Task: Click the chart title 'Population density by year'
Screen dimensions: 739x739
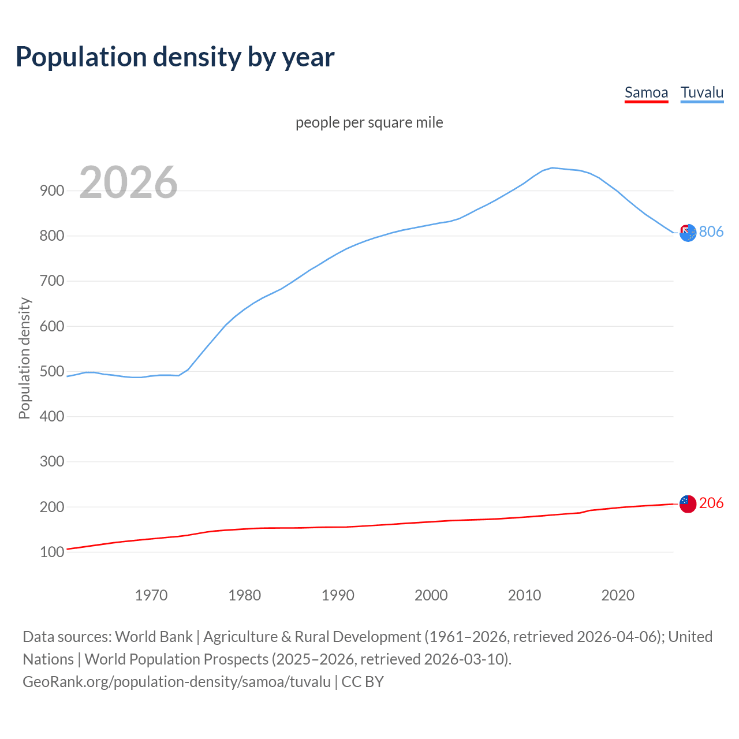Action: pos(175,57)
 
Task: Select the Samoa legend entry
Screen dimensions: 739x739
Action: pos(646,92)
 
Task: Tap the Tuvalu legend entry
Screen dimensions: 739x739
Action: pos(701,92)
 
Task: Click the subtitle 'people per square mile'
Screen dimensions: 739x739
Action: pos(369,122)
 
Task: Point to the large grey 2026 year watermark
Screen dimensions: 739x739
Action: pos(128,182)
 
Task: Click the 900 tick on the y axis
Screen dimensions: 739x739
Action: pos(51,191)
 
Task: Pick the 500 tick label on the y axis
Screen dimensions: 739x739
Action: pos(51,371)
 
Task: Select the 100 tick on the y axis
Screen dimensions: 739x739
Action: pos(51,552)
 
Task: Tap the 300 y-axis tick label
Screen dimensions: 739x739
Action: pos(51,462)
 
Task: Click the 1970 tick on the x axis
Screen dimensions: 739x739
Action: pos(151,595)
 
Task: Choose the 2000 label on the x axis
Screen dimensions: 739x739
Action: pos(431,595)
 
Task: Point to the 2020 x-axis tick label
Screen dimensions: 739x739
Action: pos(618,595)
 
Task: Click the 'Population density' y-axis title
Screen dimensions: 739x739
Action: pos(24,358)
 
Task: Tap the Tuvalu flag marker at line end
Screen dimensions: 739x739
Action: pos(688,233)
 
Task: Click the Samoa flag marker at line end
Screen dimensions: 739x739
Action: pos(688,503)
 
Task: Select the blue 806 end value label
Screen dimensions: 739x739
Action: pos(711,232)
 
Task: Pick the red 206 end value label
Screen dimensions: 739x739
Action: pos(711,503)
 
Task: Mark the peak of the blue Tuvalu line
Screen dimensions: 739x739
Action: pos(553,168)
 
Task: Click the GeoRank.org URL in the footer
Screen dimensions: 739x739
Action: pos(177,682)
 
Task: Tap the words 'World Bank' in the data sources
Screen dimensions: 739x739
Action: pos(154,637)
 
